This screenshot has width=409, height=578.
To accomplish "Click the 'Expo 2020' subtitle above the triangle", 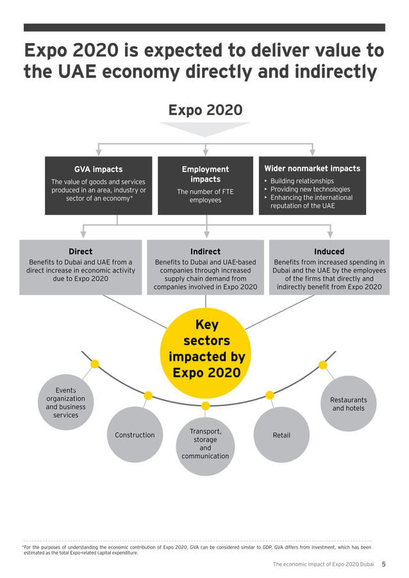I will (x=205, y=110).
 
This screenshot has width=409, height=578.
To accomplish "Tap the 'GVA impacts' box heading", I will (x=98, y=169).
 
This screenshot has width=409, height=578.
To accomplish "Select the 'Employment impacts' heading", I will (x=205, y=174).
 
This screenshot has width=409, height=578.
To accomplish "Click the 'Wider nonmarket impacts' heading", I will (x=312, y=169).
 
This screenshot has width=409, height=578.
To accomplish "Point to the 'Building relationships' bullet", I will (x=301, y=181).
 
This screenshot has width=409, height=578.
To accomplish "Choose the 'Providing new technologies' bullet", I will (x=310, y=190).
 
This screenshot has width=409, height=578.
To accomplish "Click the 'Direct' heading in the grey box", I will (x=80, y=252).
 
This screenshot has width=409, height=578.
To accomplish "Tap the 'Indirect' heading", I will (x=205, y=252).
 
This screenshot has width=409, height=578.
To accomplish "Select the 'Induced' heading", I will (x=329, y=252).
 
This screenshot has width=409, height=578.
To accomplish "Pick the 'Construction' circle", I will (x=135, y=435).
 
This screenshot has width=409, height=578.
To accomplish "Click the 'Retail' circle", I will (x=281, y=435).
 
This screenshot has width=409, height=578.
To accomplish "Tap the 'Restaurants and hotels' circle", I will (x=348, y=404).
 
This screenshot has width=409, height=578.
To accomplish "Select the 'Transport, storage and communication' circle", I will (x=205, y=443).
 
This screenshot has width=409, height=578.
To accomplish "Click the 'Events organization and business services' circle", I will (x=65, y=402).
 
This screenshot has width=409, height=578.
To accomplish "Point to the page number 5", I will (x=383, y=565).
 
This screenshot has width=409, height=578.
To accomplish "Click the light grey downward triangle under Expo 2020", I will (x=205, y=129).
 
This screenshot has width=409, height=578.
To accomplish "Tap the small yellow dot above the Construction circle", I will (x=148, y=395).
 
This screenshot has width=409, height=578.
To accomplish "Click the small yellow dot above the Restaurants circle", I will (x=323, y=365).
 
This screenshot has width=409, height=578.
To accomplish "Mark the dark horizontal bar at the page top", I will (x=204, y=28).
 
